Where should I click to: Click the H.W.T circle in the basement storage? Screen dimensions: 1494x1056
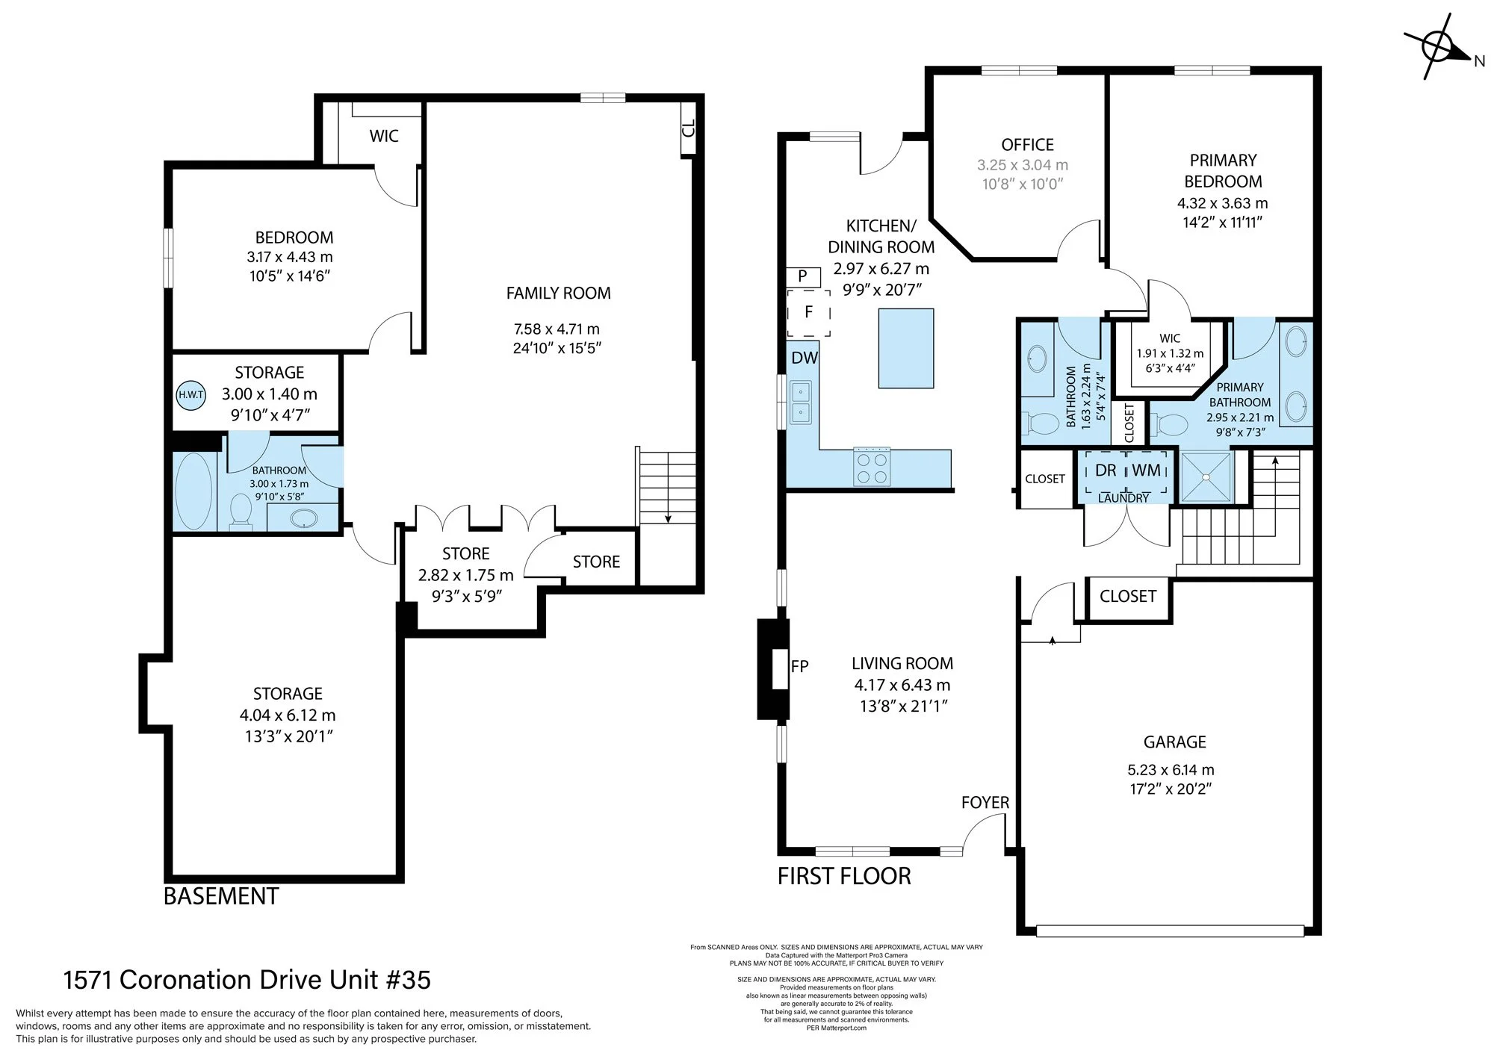(191, 395)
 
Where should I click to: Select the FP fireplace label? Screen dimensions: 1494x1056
(799, 666)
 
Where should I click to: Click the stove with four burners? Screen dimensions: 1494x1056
(872, 468)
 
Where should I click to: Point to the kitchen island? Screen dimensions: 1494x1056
(906, 348)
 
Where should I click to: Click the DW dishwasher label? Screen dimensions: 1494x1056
(805, 358)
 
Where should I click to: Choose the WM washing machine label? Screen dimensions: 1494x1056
(1147, 470)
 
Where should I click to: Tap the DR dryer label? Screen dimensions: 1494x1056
(1106, 470)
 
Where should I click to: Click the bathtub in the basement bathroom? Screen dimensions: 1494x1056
(193, 491)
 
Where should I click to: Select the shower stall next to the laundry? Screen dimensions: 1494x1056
(1203, 476)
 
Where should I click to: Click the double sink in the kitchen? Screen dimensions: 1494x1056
(801, 402)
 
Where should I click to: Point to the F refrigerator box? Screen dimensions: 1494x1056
(808, 313)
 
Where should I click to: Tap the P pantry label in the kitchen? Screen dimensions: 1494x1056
(802, 276)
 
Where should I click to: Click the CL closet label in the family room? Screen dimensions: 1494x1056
(689, 128)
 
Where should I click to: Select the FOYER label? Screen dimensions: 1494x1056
(985, 802)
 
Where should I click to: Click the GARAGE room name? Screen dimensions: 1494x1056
(1175, 742)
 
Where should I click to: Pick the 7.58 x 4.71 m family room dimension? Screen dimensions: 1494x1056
(557, 329)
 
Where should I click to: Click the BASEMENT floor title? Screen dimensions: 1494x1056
(221, 896)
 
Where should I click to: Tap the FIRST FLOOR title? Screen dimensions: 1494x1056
(844, 876)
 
